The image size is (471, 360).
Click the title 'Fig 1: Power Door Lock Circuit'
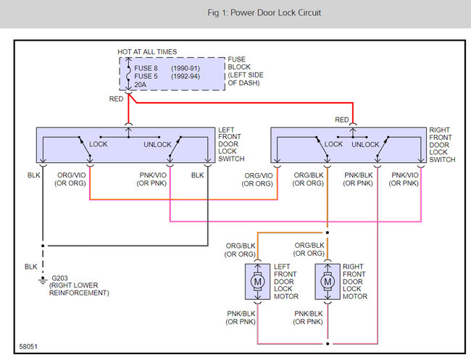[x=264, y=13]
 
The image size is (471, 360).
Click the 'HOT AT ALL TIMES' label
[x=147, y=51]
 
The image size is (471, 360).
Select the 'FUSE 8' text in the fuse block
[x=146, y=68]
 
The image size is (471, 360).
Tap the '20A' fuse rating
[x=141, y=85]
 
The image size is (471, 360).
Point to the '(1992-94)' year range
[x=186, y=76]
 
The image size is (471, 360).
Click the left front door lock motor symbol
[x=257, y=282]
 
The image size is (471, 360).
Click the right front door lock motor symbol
[x=328, y=282]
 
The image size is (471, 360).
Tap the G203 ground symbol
[x=43, y=280]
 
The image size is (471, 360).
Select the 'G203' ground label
[x=59, y=278]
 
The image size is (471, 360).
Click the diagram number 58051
[x=28, y=346]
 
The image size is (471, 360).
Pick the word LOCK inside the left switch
[x=99, y=144]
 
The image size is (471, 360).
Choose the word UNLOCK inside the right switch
[x=365, y=144]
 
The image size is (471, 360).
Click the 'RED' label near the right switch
[x=342, y=120]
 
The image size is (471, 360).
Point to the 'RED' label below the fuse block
[x=116, y=99]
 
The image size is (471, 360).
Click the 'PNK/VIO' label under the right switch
[x=405, y=175]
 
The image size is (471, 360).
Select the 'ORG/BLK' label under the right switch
[x=309, y=175]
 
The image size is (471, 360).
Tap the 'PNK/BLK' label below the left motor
[x=241, y=314]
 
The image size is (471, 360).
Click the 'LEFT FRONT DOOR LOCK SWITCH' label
[x=231, y=144]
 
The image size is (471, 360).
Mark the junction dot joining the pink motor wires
[x=328, y=344]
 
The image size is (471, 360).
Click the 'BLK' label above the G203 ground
[x=31, y=267]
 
